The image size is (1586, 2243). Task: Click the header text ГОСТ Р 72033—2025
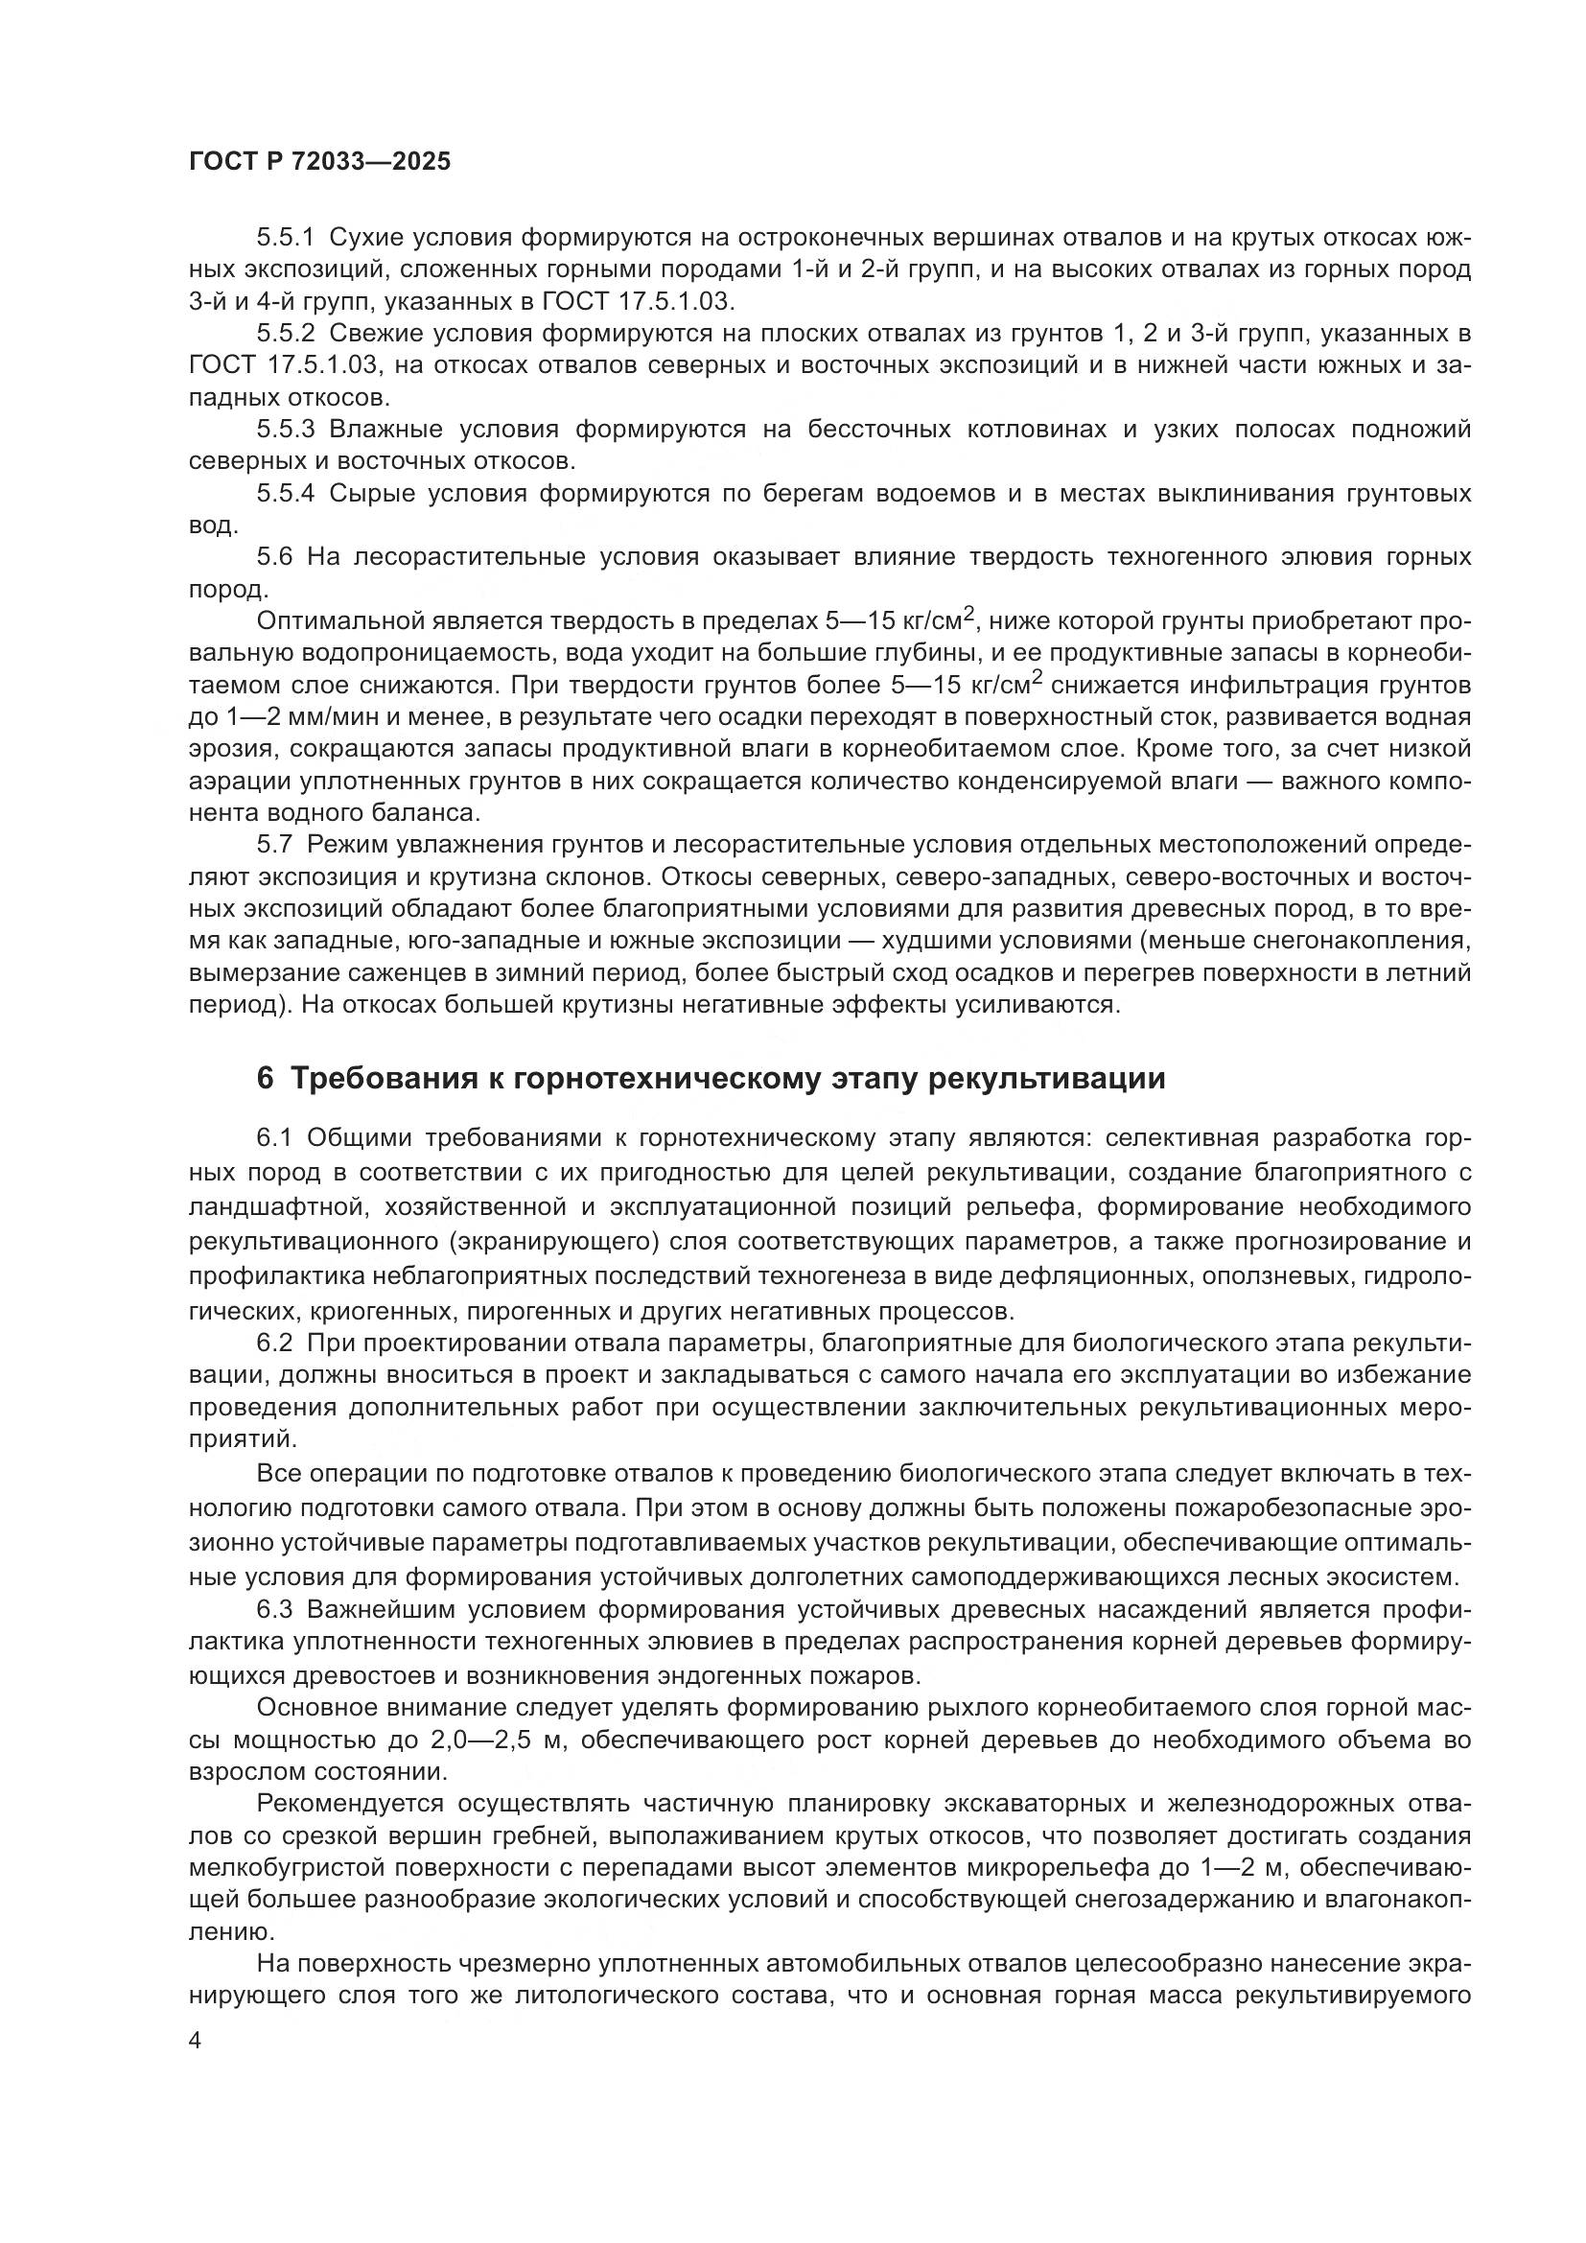tap(319, 162)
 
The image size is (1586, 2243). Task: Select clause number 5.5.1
tap(285, 238)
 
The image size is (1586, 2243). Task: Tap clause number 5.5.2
tap(285, 334)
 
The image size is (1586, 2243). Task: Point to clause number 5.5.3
tap(285, 430)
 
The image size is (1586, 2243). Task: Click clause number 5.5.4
tap(285, 493)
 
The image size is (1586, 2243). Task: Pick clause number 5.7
tap(274, 844)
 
